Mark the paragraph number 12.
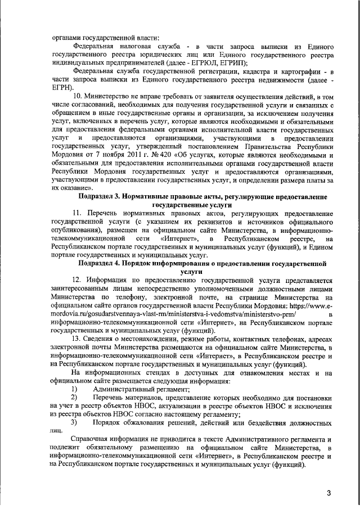tap(78, 279)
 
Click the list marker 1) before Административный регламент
tap(74, 389)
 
